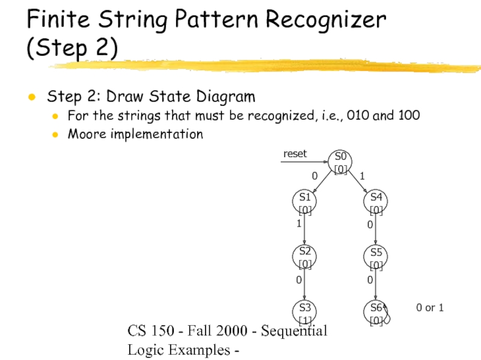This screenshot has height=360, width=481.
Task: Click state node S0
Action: click(x=340, y=161)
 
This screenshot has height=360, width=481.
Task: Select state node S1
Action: click(x=305, y=202)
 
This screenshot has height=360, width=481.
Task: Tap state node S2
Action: click(x=305, y=256)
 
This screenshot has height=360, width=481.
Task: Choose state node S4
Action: click(x=376, y=202)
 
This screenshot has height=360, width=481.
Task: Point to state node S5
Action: click(x=376, y=256)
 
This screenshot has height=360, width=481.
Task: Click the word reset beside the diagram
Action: click(x=295, y=154)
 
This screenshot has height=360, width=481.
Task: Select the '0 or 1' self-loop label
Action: click(x=430, y=308)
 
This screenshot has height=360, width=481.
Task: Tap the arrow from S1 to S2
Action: click(x=305, y=229)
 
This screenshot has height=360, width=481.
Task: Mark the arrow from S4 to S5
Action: click(x=376, y=229)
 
